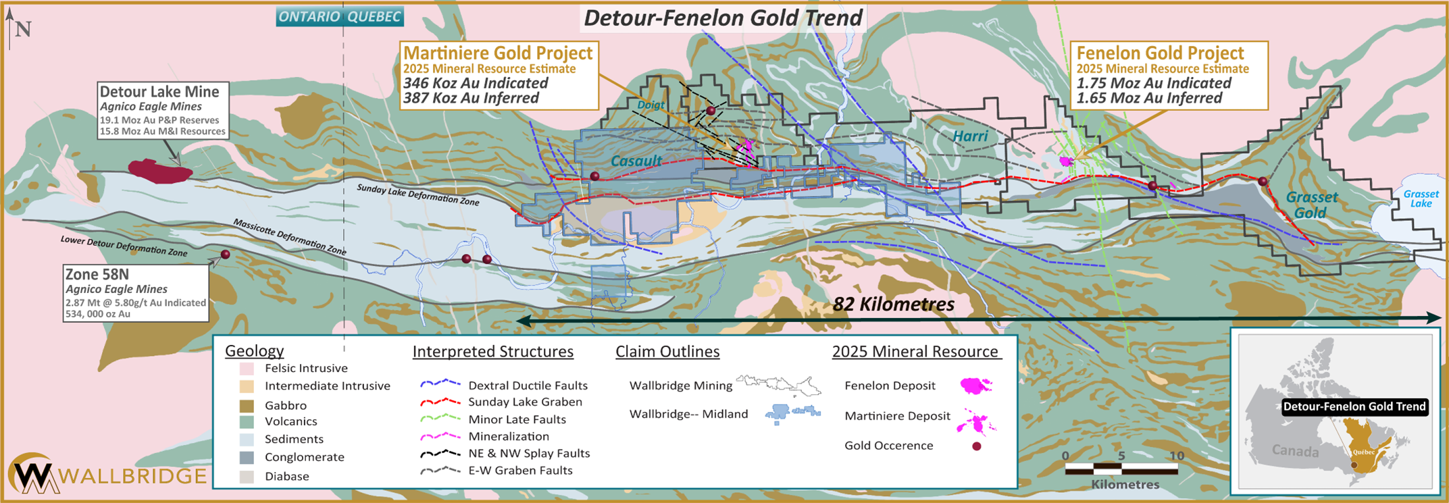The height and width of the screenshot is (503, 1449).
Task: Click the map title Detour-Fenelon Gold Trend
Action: (723, 18)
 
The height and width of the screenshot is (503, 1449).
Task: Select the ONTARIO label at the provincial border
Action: (309, 17)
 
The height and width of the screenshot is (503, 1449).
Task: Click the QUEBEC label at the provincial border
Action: (374, 17)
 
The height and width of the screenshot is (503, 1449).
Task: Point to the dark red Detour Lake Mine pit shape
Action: (159, 171)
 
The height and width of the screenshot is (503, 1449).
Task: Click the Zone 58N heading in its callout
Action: (97, 275)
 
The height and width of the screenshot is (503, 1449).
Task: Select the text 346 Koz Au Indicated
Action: (476, 83)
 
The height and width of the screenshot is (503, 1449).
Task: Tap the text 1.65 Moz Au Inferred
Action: (1149, 98)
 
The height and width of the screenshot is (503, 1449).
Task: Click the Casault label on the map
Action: (636, 161)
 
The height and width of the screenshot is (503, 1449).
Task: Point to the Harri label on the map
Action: (970, 136)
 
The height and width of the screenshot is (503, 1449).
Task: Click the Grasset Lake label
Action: (1421, 198)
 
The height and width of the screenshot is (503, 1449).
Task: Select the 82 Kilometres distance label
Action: (893, 305)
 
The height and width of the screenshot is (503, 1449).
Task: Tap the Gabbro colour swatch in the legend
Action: (247, 406)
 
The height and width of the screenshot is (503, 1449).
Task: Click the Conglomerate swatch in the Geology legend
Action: (247, 457)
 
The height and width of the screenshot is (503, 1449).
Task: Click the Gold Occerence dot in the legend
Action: (976, 446)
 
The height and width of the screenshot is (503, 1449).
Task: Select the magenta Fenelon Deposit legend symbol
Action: (975, 386)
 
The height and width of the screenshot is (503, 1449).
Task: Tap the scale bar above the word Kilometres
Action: (1121, 468)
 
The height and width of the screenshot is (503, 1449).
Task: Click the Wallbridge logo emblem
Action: (32, 475)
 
